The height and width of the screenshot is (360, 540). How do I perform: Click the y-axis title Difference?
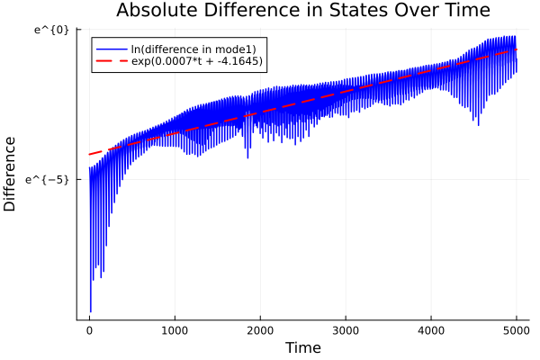pos(11,173)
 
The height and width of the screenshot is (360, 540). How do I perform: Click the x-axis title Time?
pos(302,347)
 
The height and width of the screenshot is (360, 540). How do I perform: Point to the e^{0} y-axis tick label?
pos(51,30)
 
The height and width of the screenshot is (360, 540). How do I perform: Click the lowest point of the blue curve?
pos(91,311)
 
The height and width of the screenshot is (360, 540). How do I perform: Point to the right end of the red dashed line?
pos(517,49)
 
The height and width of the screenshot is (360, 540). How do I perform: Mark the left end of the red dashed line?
pos(89,155)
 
